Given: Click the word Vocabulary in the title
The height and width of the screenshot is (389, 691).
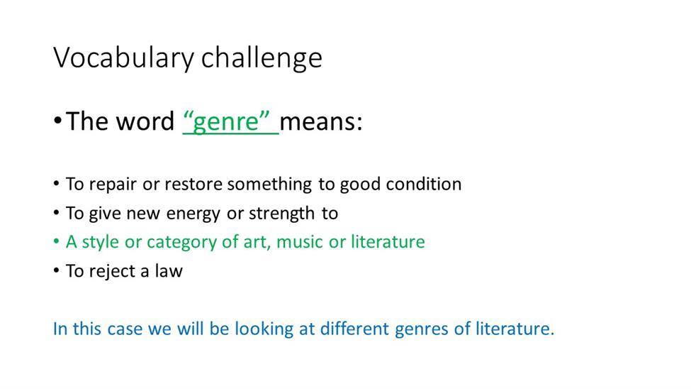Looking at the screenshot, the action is (123, 58).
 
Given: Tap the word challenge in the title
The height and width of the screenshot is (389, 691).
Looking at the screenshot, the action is (262, 58).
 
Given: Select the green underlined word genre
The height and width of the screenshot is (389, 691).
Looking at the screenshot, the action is (226, 121).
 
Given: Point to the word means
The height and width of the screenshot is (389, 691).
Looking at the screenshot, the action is (321, 121).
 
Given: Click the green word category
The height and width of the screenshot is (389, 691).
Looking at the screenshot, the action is (181, 243).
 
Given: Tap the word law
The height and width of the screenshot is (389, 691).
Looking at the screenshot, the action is (169, 270).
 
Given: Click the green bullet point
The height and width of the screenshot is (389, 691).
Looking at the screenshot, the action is (56, 241).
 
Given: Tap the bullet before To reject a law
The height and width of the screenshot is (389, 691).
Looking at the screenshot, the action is (56, 270).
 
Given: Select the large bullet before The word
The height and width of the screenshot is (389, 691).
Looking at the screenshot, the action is (57, 121).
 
